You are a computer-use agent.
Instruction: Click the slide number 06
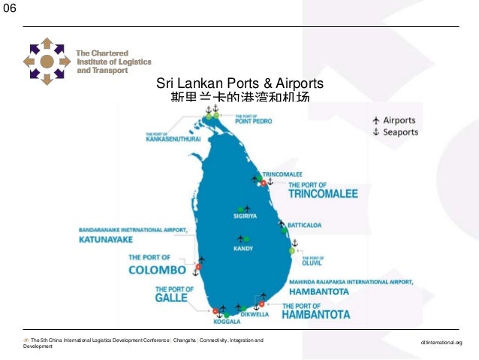click(10, 9)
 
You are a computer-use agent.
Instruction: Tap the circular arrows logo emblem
click(47, 60)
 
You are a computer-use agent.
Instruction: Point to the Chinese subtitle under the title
click(239, 98)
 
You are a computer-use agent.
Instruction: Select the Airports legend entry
click(396, 120)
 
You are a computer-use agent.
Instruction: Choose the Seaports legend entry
click(396, 132)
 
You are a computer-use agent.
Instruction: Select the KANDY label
click(243, 248)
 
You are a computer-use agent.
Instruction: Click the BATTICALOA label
click(303, 224)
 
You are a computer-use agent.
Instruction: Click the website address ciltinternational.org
click(443, 343)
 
